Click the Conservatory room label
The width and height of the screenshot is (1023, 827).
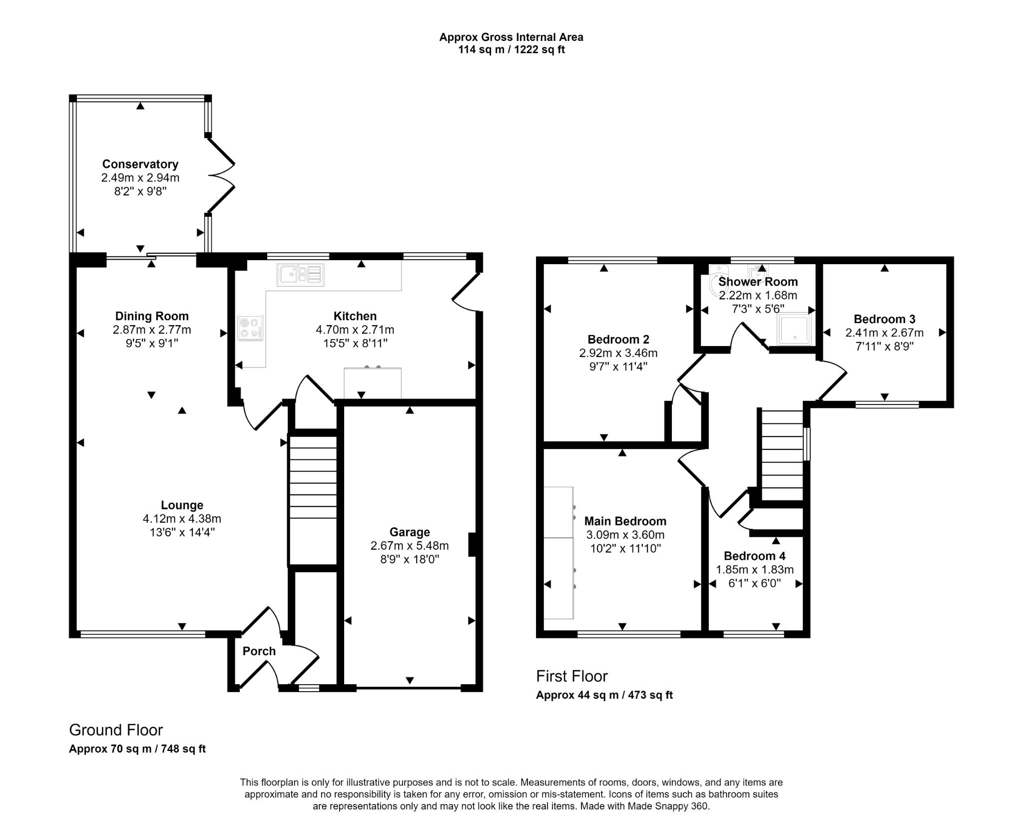(x=140, y=164)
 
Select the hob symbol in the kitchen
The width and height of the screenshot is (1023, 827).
(x=250, y=328)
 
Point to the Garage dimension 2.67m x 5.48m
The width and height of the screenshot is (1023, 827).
(x=409, y=546)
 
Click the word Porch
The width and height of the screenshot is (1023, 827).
(x=259, y=651)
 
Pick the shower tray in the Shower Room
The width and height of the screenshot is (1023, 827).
(x=794, y=329)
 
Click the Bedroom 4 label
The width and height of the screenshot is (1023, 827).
(x=754, y=556)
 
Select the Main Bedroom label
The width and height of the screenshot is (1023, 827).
(x=625, y=521)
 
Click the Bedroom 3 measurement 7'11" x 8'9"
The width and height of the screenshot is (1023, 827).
(x=884, y=346)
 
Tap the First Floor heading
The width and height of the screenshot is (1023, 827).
(x=571, y=676)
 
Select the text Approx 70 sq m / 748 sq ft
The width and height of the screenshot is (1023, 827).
(x=137, y=749)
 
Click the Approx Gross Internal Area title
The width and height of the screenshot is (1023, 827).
(x=511, y=37)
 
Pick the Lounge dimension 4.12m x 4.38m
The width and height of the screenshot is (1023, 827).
(x=182, y=519)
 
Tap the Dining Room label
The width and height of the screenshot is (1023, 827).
(x=152, y=316)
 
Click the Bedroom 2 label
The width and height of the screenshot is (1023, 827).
(x=618, y=340)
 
